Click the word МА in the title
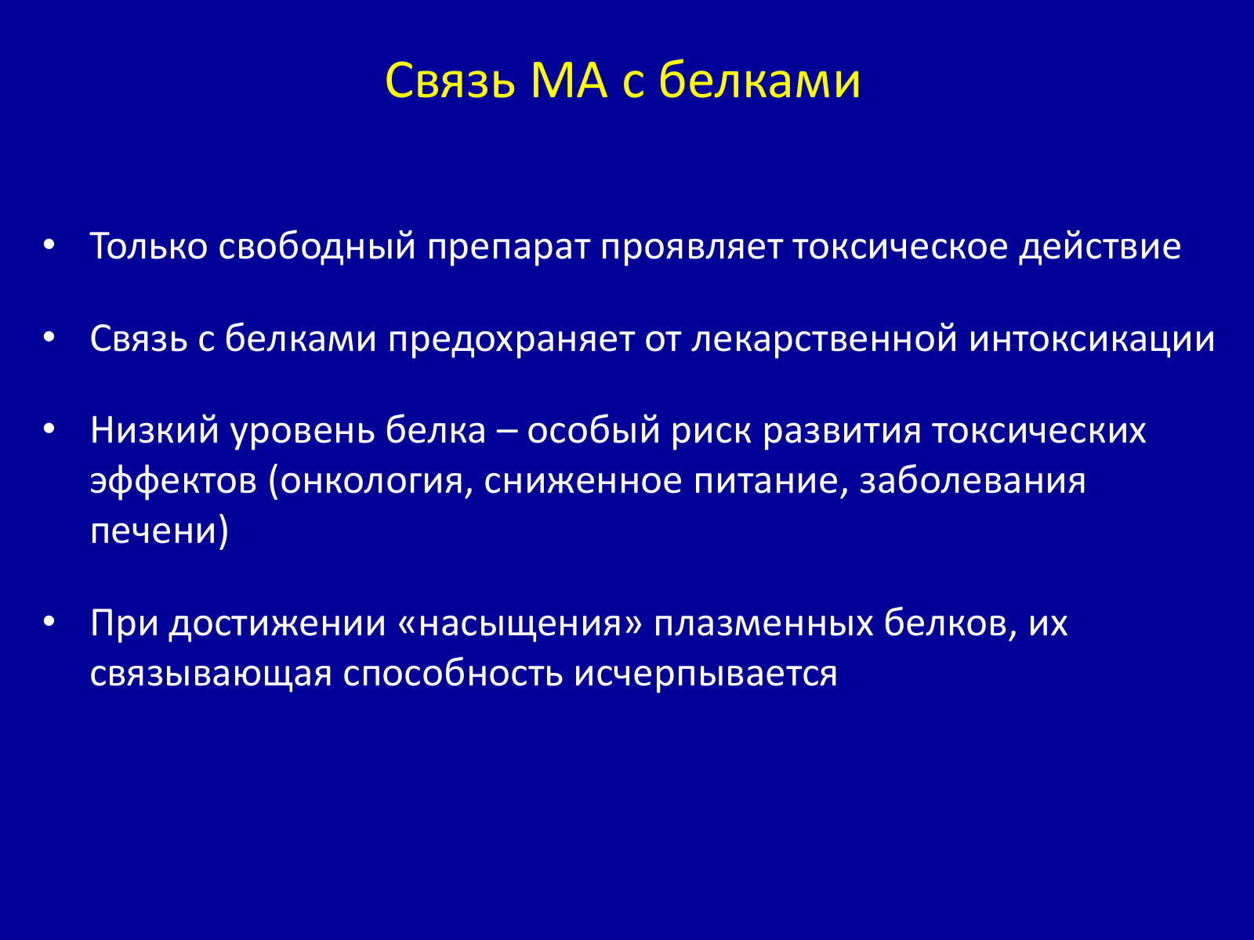568,81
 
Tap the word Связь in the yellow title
450,81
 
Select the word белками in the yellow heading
759,80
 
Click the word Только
149,247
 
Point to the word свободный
317,248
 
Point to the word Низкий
155,430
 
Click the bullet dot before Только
49,245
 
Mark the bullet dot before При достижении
49,621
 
